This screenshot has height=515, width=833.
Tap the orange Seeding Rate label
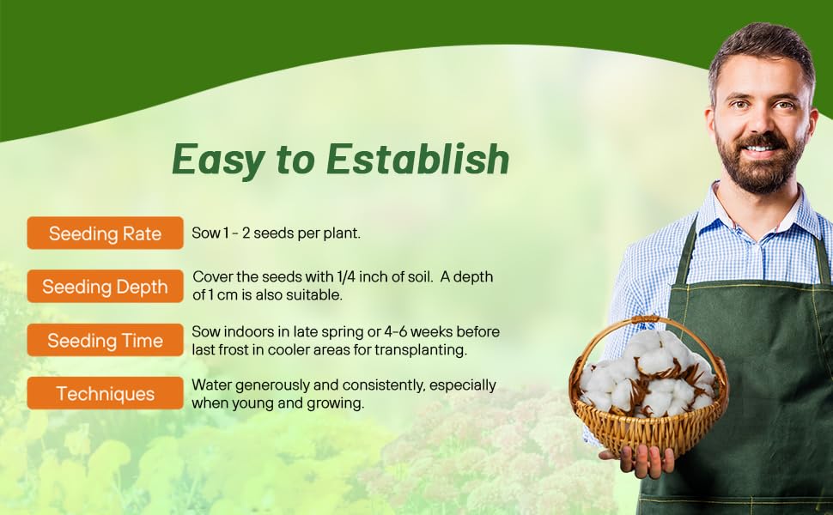point(105,233)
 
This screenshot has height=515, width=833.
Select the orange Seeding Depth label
point(105,287)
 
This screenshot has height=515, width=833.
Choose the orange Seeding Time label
point(105,341)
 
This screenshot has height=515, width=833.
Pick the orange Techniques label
point(105,394)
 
